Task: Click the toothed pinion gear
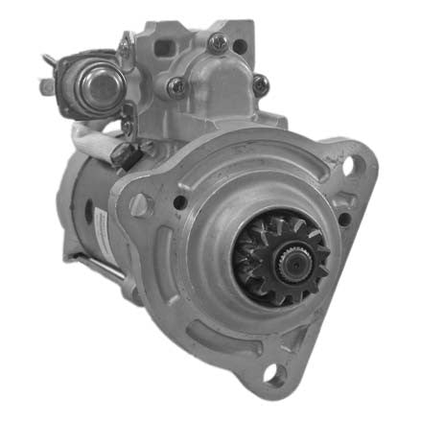[279, 257]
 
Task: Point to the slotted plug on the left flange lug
[140, 203]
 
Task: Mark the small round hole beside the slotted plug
[179, 202]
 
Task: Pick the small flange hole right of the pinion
[343, 220]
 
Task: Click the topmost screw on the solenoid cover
[219, 42]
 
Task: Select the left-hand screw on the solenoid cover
[176, 86]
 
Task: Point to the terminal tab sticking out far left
[45, 84]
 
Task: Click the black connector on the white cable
[122, 153]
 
